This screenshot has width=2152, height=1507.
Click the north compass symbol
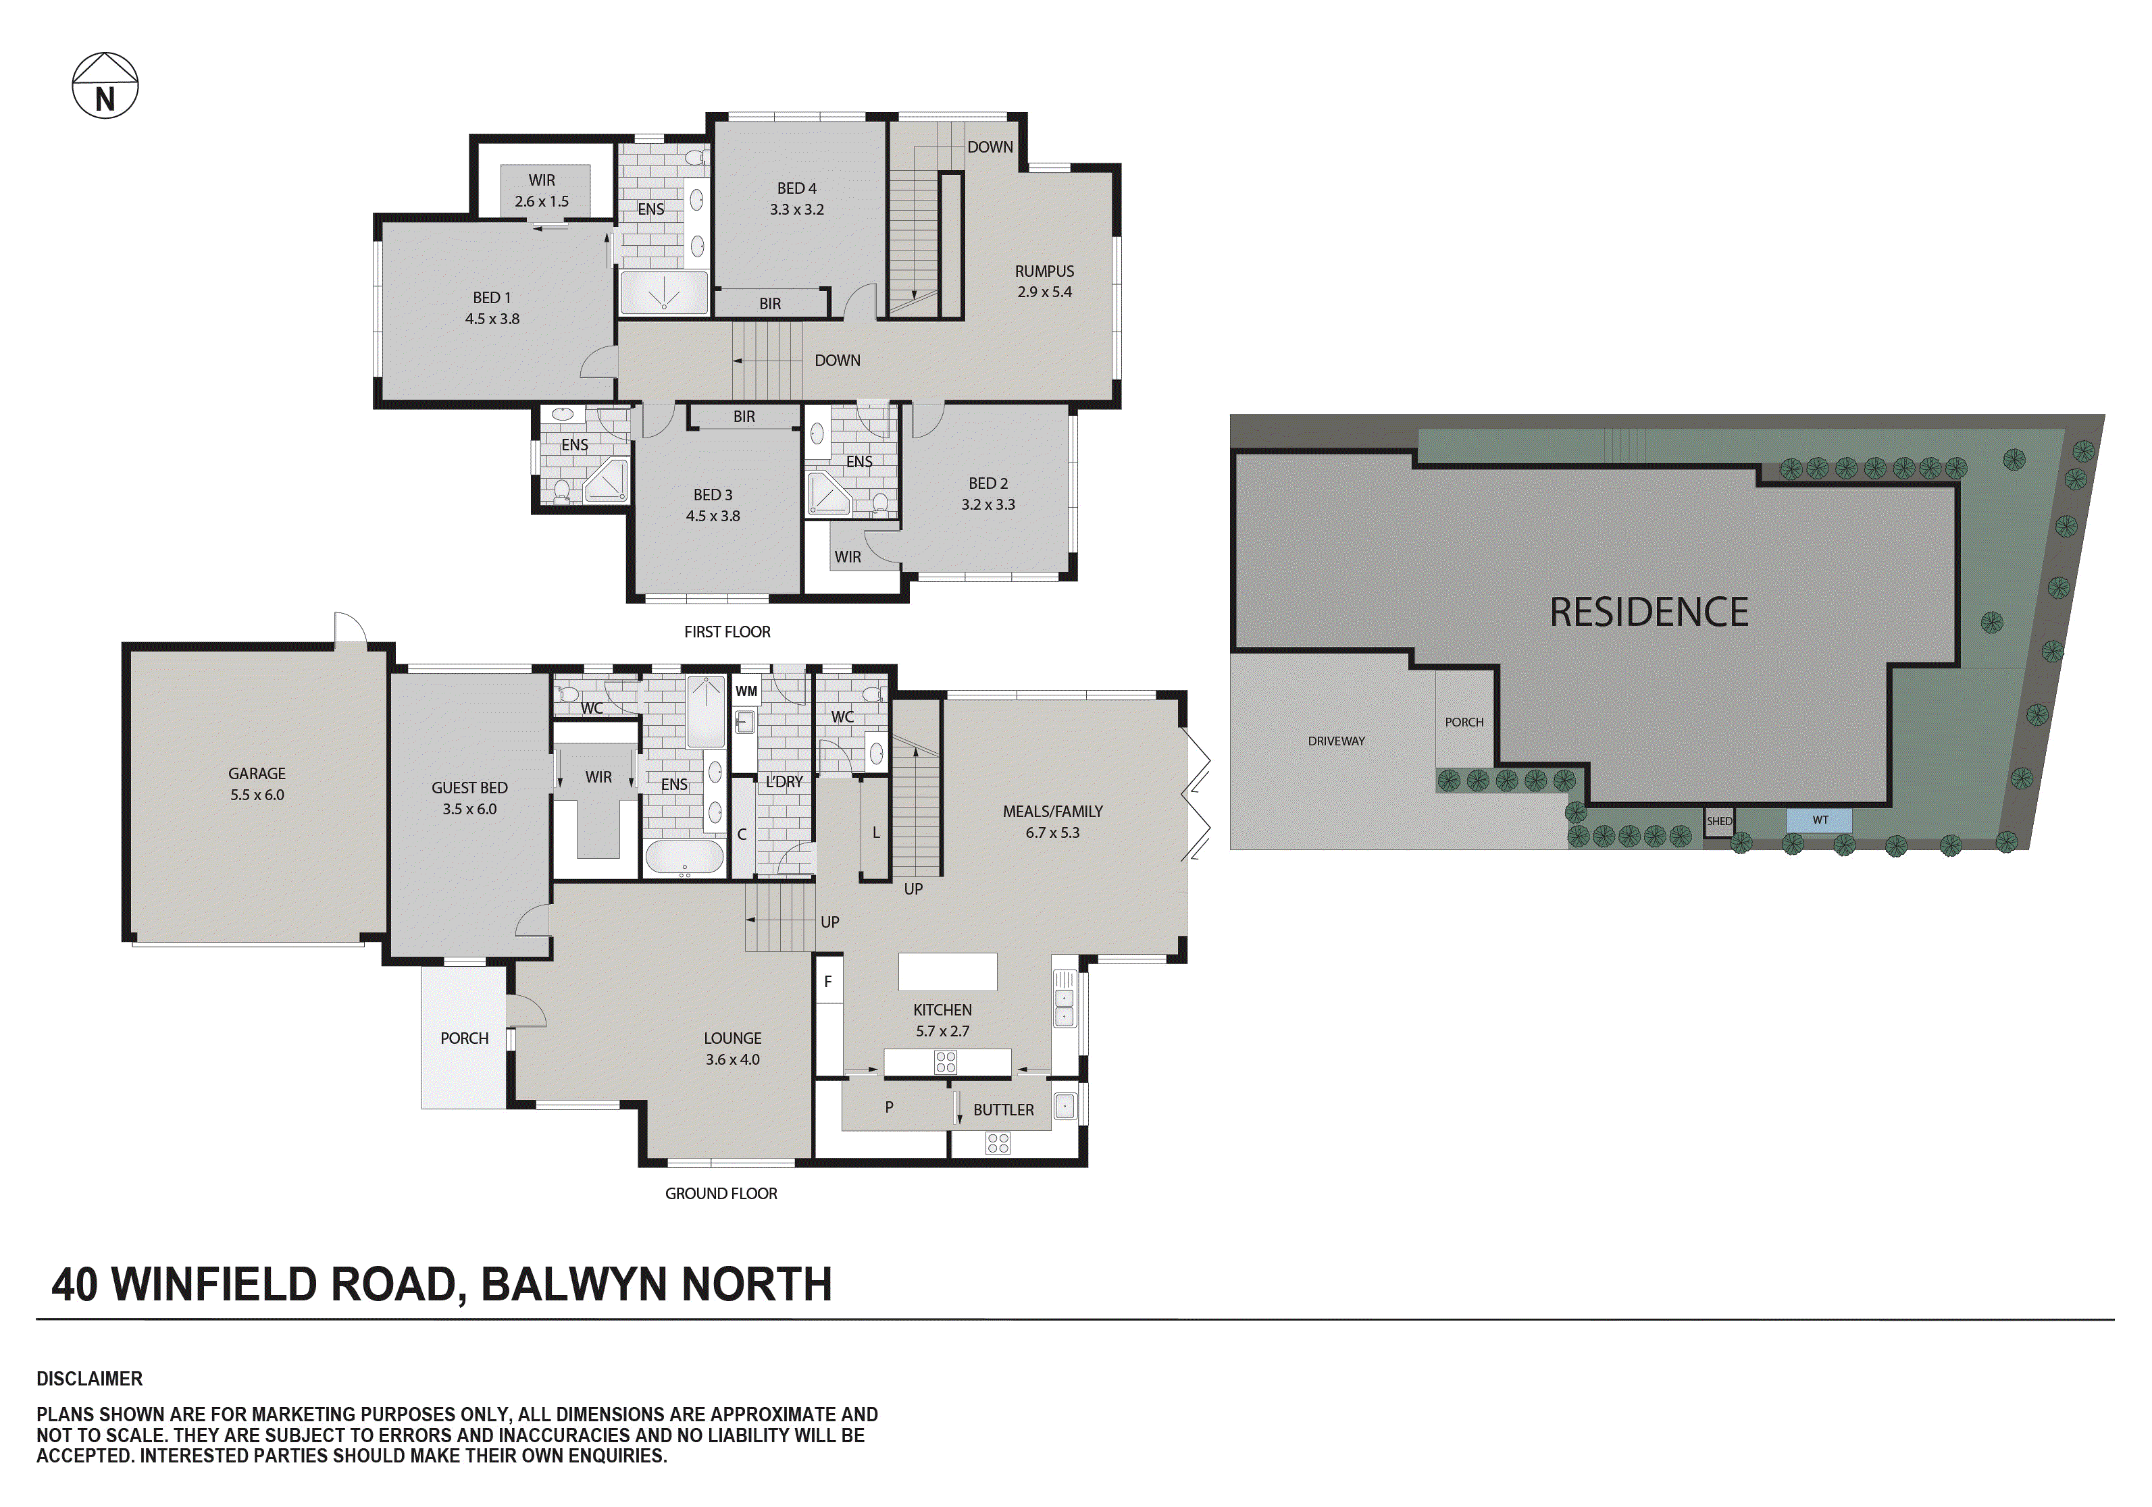[x=105, y=86]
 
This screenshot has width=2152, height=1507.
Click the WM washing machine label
[x=746, y=691]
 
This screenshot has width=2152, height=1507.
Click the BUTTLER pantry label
[x=1003, y=1109]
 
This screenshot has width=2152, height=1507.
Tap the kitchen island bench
[x=947, y=972]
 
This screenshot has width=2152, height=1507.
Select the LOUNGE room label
[x=732, y=1038]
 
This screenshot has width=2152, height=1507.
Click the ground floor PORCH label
[x=464, y=1038]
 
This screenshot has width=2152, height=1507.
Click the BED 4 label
[x=796, y=188]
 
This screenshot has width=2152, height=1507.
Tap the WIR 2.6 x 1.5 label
[x=542, y=190]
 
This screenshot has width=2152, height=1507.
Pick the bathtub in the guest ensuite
[x=684, y=858]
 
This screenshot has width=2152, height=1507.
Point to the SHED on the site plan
[x=1719, y=821]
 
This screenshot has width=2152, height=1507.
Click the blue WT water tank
[x=1819, y=820]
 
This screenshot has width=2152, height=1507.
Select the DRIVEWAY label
[x=1335, y=741]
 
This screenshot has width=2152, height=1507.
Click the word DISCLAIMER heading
[x=89, y=1379]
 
